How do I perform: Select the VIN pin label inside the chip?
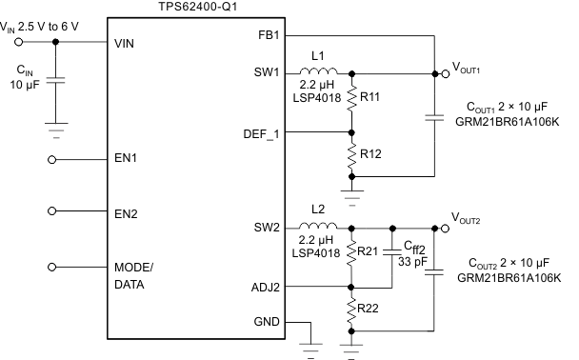coord(126,43)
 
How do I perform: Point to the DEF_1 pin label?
coord(261,132)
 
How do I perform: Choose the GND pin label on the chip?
coord(268,322)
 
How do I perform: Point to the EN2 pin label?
coord(126,213)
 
